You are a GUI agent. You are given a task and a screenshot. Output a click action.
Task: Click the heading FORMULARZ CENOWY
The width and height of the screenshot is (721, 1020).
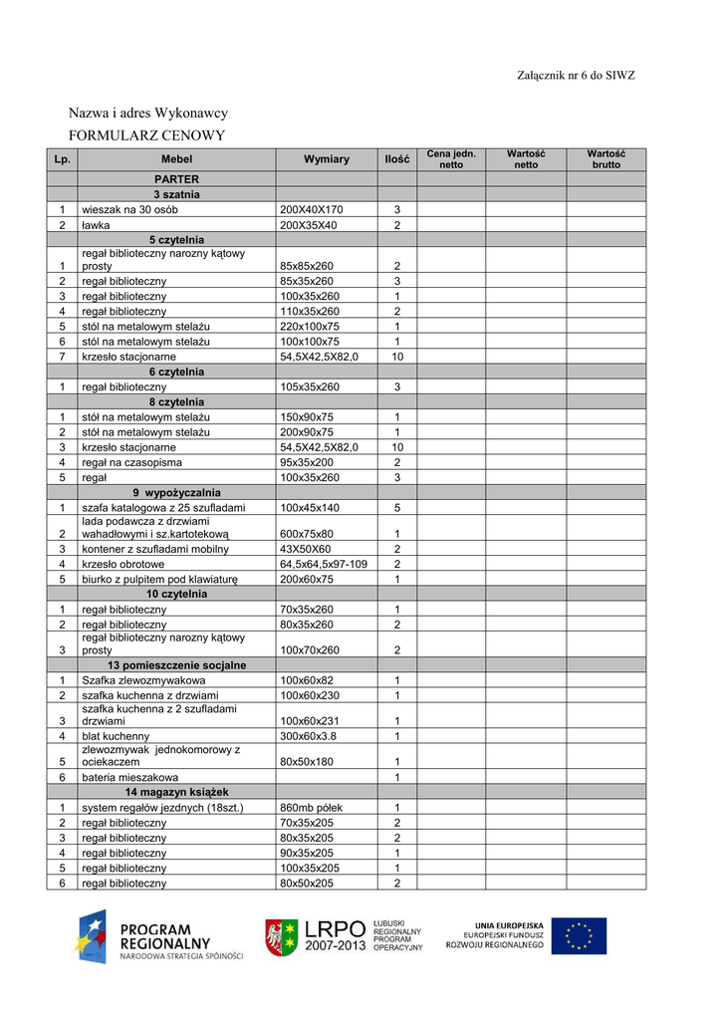point(146,135)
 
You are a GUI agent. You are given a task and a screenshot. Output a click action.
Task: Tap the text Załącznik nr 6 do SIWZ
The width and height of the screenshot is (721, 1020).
point(576,76)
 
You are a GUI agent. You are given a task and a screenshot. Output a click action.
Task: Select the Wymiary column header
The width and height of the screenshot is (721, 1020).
point(327,159)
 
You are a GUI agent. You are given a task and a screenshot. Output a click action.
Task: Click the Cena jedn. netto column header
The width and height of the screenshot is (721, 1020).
point(451,159)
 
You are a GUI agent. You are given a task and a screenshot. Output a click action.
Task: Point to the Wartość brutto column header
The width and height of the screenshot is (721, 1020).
point(605,159)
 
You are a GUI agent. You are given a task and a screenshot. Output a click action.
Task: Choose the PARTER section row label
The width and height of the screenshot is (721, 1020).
point(176,179)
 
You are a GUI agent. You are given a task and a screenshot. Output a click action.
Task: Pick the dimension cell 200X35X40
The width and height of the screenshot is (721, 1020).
point(309,225)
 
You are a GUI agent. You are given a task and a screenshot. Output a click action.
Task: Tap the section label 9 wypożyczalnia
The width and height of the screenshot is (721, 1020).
point(176,493)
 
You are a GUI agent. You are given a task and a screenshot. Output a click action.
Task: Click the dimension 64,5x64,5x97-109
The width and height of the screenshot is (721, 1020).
point(324,564)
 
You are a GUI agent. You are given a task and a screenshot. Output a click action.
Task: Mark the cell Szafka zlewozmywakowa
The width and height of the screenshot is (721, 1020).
point(143,680)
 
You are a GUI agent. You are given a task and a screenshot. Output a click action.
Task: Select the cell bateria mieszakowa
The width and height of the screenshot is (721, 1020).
point(130,777)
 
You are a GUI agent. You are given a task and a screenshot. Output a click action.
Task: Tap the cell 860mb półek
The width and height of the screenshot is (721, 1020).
point(313,808)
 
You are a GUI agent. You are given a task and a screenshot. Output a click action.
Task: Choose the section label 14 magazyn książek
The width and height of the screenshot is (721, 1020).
point(176,792)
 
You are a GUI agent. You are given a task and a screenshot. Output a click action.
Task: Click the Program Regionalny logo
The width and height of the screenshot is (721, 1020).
point(159,937)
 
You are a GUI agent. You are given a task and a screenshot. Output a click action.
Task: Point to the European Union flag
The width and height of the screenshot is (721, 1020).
point(579,936)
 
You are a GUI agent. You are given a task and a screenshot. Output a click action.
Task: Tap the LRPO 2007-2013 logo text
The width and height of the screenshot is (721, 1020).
point(334,936)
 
